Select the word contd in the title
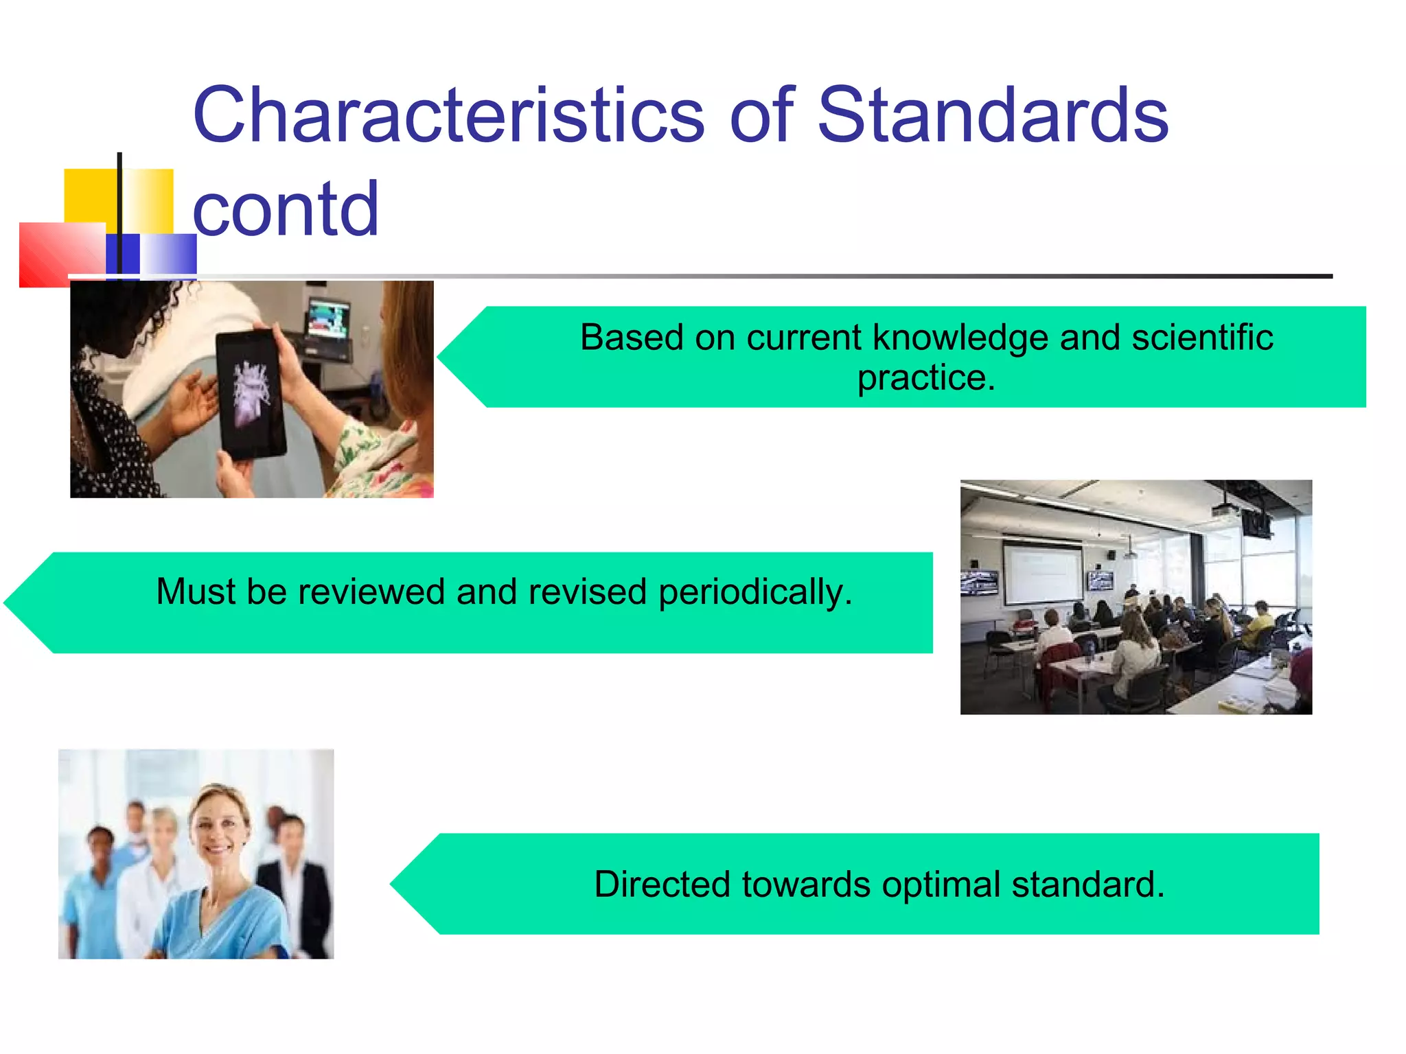click(x=285, y=209)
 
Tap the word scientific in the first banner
click(x=1201, y=338)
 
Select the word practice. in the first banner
click(x=925, y=377)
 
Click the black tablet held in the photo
click(x=251, y=395)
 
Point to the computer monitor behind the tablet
click(x=329, y=319)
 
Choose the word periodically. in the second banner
click(x=755, y=592)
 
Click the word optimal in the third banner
click(x=941, y=884)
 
